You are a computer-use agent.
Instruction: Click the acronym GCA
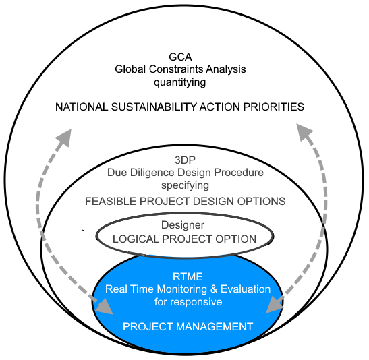(180, 57)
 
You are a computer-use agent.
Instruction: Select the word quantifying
(180, 83)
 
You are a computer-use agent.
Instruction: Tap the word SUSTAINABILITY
(154, 107)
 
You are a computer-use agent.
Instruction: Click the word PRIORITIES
(274, 107)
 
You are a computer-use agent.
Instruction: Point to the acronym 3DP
(186, 160)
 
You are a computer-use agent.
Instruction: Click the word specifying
(185, 186)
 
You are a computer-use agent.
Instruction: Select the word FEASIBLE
(111, 202)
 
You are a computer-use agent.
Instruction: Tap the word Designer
(183, 225)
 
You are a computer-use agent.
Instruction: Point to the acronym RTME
(188, 277)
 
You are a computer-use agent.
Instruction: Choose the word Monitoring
(181, 289)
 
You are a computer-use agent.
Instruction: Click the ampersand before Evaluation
(214, 289)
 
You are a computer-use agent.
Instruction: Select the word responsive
(196, 302)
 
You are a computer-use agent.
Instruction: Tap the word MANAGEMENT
(215, 326)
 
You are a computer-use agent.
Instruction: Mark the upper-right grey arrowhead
(304, 132)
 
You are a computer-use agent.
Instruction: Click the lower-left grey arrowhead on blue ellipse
(105, 306)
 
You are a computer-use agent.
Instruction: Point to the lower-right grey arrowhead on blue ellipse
(275, 305)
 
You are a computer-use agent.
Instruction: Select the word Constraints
(176, 69)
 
